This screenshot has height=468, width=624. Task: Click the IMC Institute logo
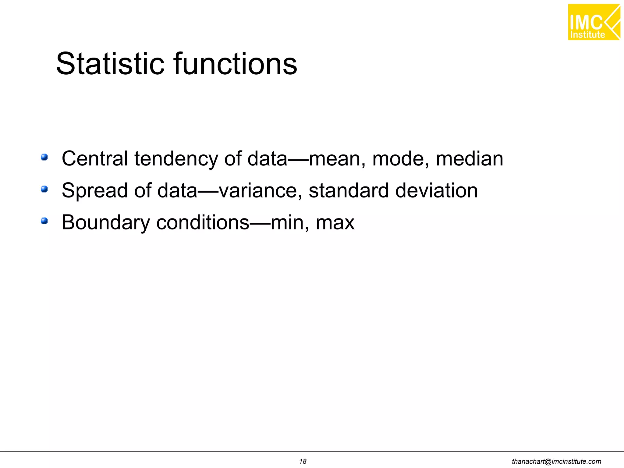[x=594, y=22]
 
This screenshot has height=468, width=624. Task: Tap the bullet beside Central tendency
[x=44, y=157]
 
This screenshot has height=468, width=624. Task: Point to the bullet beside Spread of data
[x=44, y=189]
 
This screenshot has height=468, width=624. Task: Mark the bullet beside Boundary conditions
[x=44, y=221]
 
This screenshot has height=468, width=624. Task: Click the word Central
[x=95, y=159]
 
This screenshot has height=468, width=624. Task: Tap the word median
[x=469, y=159]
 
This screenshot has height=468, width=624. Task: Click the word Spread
[x=95, y=191]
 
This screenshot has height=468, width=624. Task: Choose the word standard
[x=349, y=190]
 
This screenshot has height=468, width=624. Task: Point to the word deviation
[x=436, y=190]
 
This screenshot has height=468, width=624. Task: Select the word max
[x=335, y=223]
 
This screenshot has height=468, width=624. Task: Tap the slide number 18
[x=303, y=461]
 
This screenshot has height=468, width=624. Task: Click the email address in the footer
[x=556, y=461]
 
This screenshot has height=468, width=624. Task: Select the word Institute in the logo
[x=587, y=35]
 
